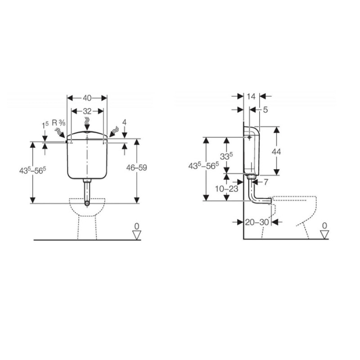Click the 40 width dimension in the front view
click(x=87, y=98)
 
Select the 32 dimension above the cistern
click(x=87, y=111)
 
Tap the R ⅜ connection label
click(x=58, y=123)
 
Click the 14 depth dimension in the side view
click(x=251, y=96)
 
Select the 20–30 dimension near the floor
click(x=256, y=222)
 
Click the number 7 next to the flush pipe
click(x=266, y=182)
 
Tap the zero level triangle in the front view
click(x=136, y=235)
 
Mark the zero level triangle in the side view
click(x=323, y=235)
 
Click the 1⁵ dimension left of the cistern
click(x=45, y=124)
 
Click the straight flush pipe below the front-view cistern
click(x=87, y=193)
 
